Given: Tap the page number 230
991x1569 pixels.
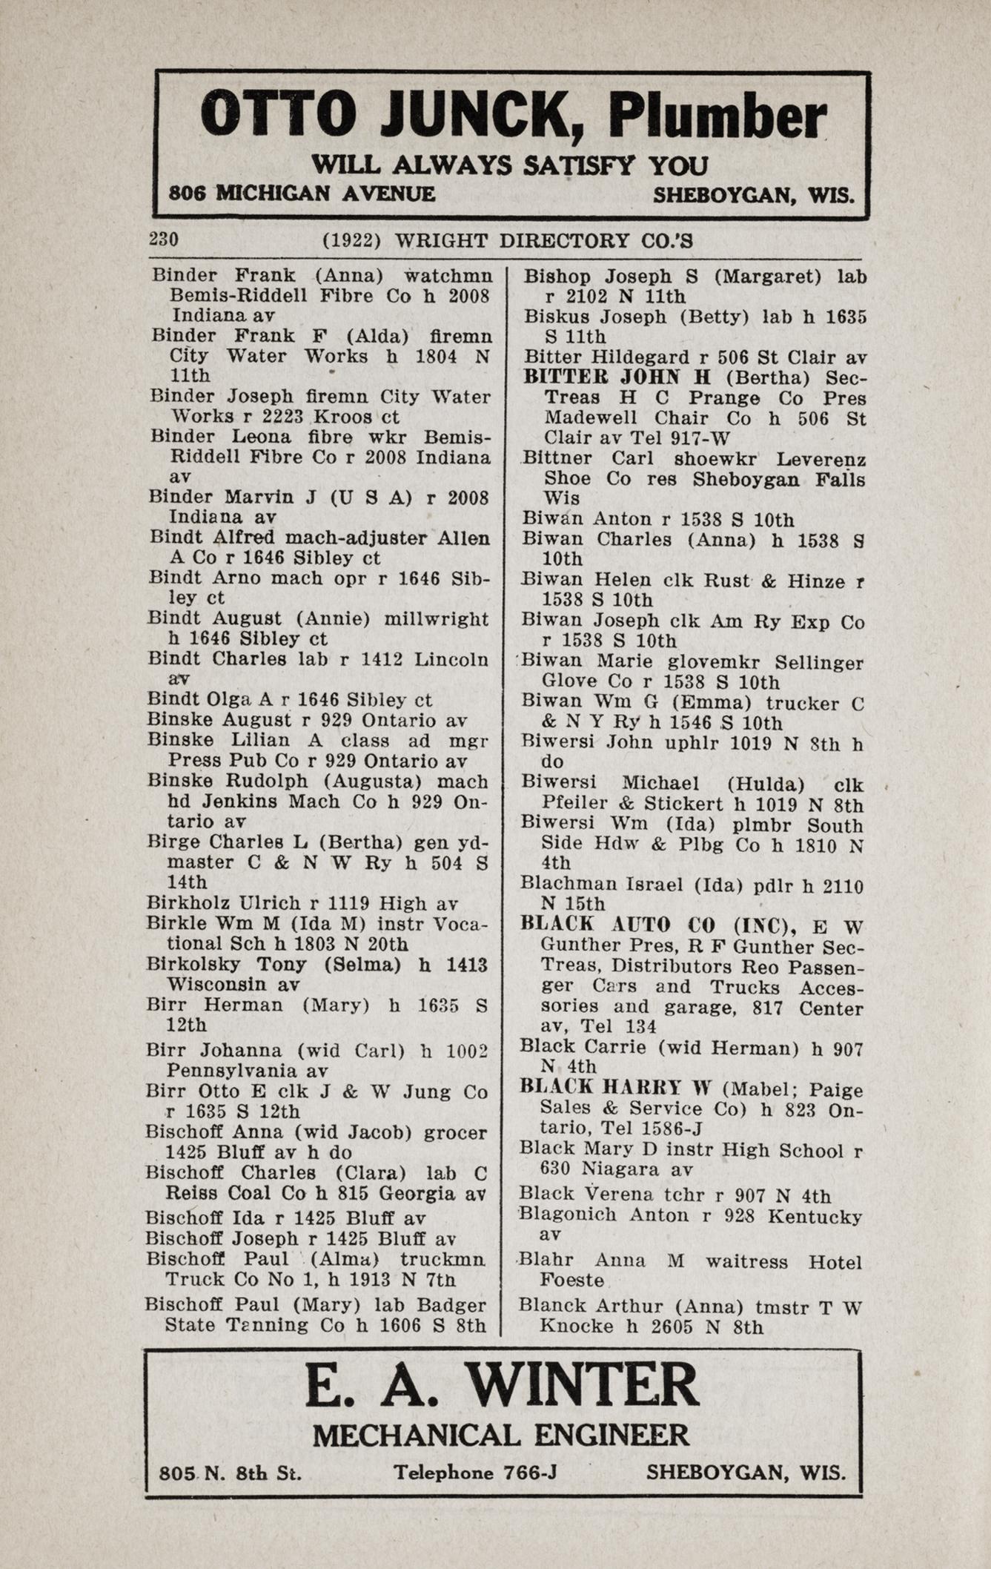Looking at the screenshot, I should point(164,239).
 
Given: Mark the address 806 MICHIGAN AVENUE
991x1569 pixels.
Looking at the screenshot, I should point(302,194).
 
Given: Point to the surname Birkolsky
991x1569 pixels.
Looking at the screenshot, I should point(195,964).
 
